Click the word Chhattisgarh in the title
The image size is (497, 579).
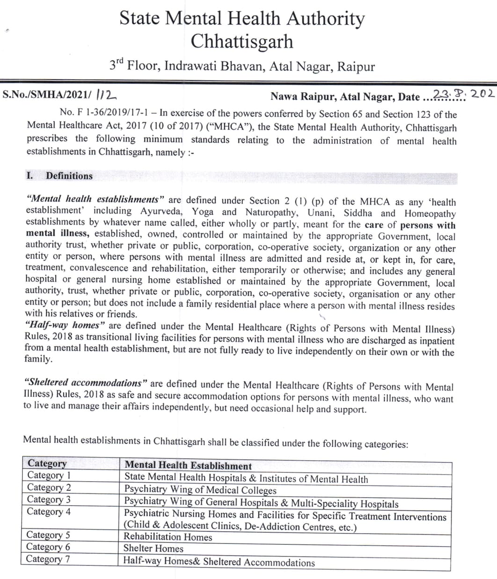point(241,42)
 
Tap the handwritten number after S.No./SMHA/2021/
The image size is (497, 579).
point(105,95)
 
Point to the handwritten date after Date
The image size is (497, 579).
point(463,94)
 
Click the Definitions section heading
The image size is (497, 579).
point(69,176)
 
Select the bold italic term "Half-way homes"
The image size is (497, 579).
point(63,326)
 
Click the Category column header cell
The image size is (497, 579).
point(47,463)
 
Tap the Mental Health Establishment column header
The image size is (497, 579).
point(188,465)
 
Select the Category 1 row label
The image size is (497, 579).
point(49,475)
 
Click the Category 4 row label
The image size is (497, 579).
point(49,512)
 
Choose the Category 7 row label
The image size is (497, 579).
point(48,559)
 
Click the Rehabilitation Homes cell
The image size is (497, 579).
point(168,537)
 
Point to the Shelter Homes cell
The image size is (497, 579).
point(153,549)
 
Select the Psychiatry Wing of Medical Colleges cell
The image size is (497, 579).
point(200,490)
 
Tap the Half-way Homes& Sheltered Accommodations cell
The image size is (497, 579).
point(219,562)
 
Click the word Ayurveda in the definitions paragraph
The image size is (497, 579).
point(162,211)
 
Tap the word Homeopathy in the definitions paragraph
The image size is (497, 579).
point(430,214)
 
